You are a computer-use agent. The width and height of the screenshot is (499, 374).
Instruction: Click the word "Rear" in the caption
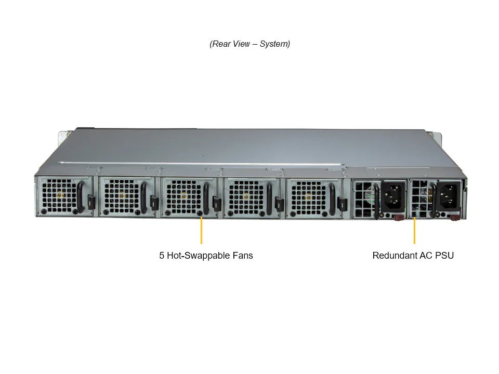[221, 44]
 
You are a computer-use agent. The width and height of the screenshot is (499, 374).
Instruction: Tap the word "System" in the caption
[274, 44]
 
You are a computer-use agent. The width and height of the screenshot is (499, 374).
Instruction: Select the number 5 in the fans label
[162, 256]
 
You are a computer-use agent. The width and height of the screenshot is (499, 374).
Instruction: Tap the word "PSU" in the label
[444, 256]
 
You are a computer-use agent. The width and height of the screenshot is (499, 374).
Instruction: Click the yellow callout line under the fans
[202, 231]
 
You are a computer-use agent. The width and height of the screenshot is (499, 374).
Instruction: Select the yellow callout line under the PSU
[414, 231]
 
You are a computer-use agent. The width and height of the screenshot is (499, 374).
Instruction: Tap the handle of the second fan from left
[144, 197]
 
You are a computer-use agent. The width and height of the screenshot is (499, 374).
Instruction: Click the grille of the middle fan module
[184, 197]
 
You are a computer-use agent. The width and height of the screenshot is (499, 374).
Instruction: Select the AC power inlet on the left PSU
[393, 198]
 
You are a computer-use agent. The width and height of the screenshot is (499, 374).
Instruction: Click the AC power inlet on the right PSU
[448, 197]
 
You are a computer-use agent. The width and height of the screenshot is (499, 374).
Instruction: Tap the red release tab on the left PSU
[399, 218]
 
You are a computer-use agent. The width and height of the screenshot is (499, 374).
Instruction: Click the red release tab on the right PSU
[455, 218]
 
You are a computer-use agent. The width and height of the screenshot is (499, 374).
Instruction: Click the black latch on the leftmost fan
[91, 202]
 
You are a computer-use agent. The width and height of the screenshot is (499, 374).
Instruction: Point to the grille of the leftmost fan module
[59, 196]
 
